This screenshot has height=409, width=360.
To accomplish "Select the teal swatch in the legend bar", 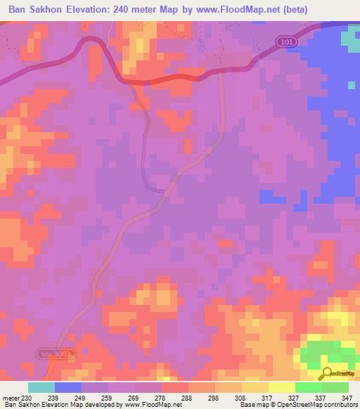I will [41, 387].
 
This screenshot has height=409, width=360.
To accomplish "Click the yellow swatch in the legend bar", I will [282, 387].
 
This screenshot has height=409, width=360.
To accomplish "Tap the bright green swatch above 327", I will [309, 387].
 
